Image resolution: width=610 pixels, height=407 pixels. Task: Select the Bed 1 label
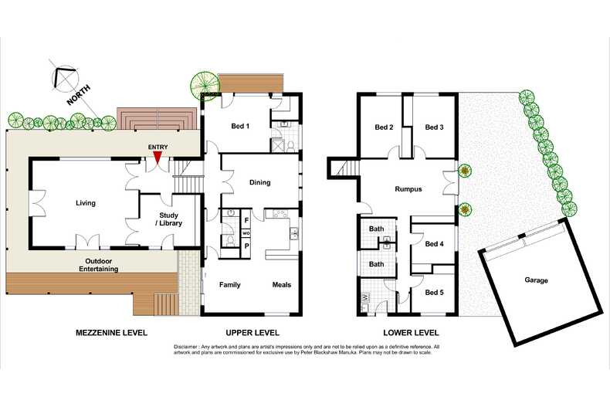coord(241,127)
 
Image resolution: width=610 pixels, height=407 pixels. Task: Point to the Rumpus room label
coord(408,189)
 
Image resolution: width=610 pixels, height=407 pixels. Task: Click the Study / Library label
coord(168,220)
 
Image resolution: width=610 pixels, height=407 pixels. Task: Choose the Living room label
coord(85,203)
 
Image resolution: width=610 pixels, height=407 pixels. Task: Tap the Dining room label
coord(260,183)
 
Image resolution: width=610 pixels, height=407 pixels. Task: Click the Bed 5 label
coord(434,292)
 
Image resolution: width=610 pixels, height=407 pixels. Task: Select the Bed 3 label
coord(434,127)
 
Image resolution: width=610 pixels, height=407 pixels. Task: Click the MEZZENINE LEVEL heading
coord(110,332)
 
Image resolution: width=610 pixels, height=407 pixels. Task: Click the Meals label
coord(282,285)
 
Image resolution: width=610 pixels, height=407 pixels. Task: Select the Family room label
coord(229,285)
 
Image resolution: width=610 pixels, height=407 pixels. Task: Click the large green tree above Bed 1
coord(204,81)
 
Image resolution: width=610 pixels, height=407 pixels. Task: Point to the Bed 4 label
coord(434,244)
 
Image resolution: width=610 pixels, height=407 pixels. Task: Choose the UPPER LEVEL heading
coord(252,332)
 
